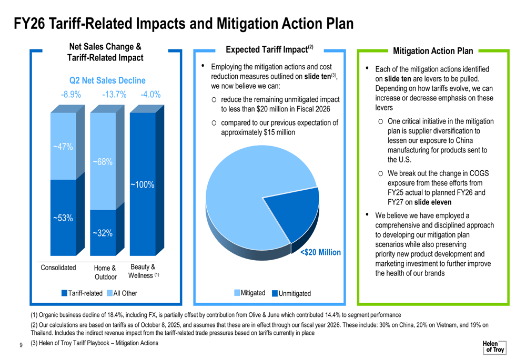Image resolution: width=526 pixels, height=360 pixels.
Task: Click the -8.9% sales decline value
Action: tap(70, 95)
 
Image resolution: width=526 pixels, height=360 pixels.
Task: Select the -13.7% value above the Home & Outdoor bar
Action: tap(114, 95)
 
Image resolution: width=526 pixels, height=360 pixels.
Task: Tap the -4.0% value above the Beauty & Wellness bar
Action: tap(150, 95)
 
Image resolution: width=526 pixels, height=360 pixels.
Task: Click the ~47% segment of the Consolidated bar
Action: tap(63, 147)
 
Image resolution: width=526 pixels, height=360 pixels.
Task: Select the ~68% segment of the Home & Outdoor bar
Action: tap(103, 162)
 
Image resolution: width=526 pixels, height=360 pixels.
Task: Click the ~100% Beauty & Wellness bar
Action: tap(143, 184)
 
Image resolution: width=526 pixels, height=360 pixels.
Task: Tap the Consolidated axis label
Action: tap(58, 268)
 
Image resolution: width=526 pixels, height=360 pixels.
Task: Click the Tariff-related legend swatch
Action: tap(64, 293)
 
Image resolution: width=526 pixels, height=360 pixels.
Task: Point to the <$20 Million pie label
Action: tap(320, 253)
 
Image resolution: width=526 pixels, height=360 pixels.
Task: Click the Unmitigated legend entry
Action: tap(291, 293)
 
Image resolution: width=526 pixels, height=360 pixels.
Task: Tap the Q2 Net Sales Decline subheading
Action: tap(107, 80)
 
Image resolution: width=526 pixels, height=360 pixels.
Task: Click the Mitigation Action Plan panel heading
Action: tap(433, 51)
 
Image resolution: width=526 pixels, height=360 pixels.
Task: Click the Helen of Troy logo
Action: tap(494, 347)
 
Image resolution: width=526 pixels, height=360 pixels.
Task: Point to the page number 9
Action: tap(20, 345)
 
